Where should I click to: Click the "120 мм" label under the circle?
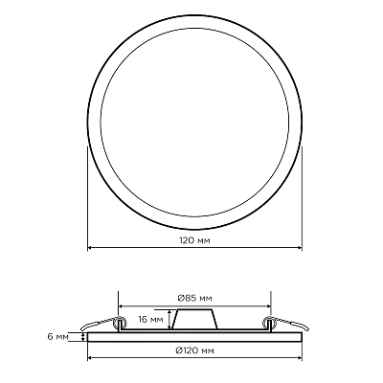pyautogui.click(x=194, y=240)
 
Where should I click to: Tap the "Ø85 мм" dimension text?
pyautogui.click(x=194, y=299)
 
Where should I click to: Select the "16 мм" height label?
pyautogui.click(x=150, y=319)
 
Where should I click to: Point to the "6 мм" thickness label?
pyautogui.click(x=58, y=337)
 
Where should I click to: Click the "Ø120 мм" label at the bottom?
pyautogui.click(x=195, y=351)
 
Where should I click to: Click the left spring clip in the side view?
pyautogui.click(x=102, y=324)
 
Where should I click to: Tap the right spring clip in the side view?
pyautogui.click(x=286, y=324)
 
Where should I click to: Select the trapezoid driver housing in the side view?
pyautogui.click(x=194, y=319)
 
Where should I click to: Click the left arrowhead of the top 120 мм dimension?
pyautogui.click(x=90, y=247)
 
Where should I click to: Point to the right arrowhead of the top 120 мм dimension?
pyautogui.click(x=300, y=247)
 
